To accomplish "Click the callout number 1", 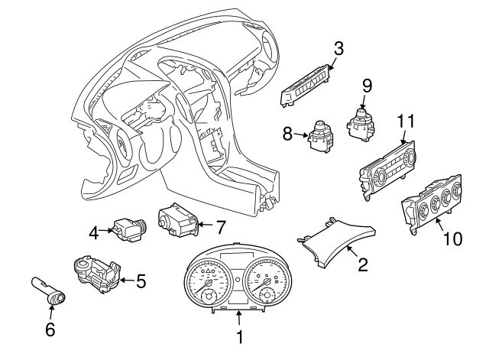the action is click(239, 337).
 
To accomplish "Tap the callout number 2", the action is click(363, 264).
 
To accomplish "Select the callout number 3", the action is click(338, 48).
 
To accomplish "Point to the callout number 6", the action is click(50, 329).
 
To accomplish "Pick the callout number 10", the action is click(453, 238).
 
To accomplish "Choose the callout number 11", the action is click(406, 121).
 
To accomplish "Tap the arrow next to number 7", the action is click(206, 224).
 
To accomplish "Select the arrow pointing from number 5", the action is click(128, 281).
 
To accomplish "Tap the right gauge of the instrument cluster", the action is click(267, 281).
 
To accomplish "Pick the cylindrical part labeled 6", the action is click(49, 290).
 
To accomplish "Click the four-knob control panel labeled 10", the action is click(432, 204).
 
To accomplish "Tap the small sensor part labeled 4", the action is click(128, 231).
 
